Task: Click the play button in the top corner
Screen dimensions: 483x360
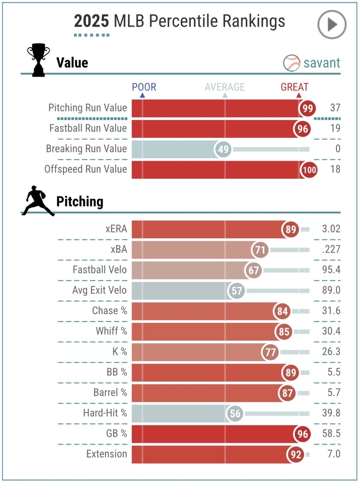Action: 332,25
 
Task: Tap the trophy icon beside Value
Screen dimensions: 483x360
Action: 38,61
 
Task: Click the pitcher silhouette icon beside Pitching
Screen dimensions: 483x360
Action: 38,200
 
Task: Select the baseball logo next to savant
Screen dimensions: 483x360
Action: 292,63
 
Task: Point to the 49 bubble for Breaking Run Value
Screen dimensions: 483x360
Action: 223,149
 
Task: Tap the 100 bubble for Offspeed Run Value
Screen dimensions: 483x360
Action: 309,169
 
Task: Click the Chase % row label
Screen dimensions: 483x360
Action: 109,311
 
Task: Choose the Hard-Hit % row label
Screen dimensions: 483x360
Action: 105,413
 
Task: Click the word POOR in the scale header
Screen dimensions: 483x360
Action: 144,87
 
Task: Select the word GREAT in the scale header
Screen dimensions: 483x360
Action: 294,87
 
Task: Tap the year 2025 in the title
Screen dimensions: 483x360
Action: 91,21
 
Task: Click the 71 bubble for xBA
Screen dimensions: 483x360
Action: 260,250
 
